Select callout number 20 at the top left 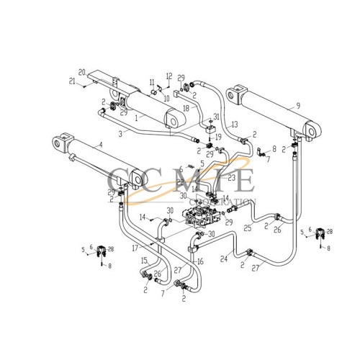tap(82, 72)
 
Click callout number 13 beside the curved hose tap(234, 125)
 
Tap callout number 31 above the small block tap(217, 117)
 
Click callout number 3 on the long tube tap(122, 133)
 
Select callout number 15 tap(144, 261)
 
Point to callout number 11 tap(153, 91)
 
